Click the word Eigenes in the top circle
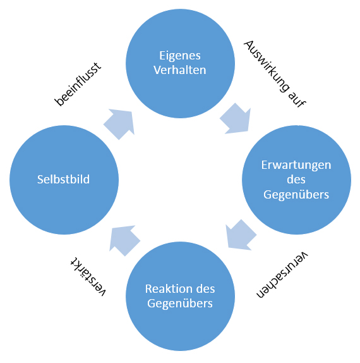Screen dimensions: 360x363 click(x=180, y=56)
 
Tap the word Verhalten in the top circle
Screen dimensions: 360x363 click(x=180, y=70)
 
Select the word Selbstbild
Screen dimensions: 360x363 click(x=63, y=179)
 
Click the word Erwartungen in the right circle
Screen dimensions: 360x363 click(x=296, y=166)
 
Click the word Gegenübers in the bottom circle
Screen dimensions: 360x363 click(x=180, y=304)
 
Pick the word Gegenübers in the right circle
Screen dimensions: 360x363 click(x=296, y=195)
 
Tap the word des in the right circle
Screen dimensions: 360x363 click(x=296, y=180)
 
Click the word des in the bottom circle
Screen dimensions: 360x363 click(x=205, y=288)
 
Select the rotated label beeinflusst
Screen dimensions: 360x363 click(x=78, y=84)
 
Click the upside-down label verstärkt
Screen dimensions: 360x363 click(x=88, y=276)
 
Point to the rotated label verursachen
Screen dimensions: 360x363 click(x=282, y=274)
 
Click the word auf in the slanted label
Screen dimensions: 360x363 click(x=297, y=99)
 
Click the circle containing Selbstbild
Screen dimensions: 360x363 click(x=64, y=180)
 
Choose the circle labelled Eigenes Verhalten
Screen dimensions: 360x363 click(x=181, y=63)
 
